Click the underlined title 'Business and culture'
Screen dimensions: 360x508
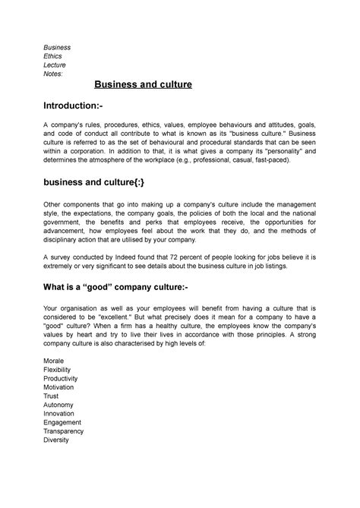click(144, 84)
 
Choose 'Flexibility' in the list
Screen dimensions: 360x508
click(62, 369)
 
